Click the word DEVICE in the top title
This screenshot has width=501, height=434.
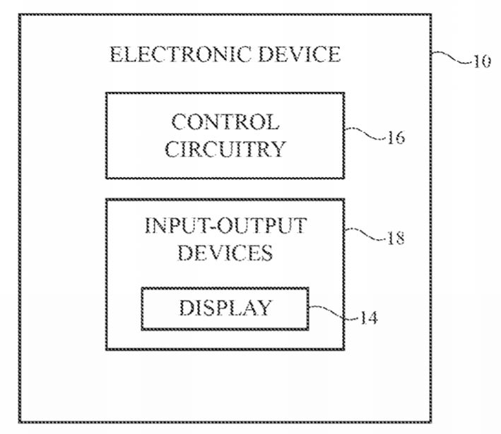click(300, 54)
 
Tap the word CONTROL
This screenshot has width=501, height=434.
click(225, 122)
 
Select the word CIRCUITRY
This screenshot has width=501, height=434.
click(225, 149)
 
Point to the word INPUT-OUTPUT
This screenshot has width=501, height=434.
click(226, 226)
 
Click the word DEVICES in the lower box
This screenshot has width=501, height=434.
click(225, 253)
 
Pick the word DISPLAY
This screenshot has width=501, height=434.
click(225, 308)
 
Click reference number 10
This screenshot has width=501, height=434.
click(481, 61)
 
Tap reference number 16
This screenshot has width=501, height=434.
click(396, 138)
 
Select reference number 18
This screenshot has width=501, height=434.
click(396, 238)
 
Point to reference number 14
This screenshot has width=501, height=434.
click(369, 318)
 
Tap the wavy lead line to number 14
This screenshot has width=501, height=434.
click(334, 313)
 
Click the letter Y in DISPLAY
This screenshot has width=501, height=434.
click(264, 308)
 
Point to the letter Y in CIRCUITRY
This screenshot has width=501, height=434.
click(278, 149)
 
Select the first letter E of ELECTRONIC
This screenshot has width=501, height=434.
click(117, 54)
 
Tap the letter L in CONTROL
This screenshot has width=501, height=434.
click(272, 122)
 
